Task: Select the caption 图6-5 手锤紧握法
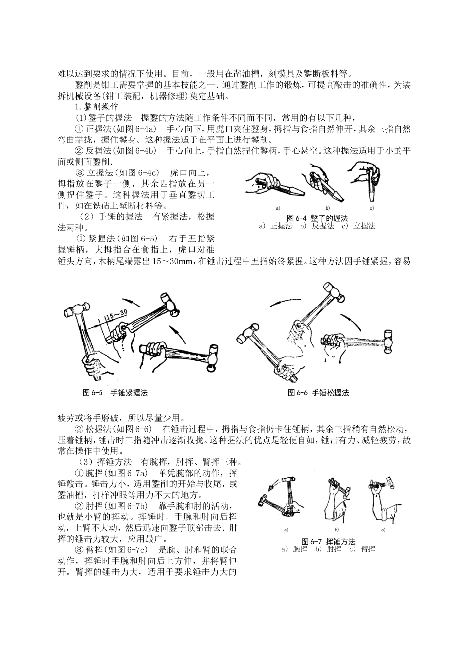tap(115, 393)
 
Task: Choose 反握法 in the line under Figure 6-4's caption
tap(323, 226)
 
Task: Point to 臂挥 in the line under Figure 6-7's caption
tap(368, 549)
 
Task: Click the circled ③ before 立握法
tap(80, 173)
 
